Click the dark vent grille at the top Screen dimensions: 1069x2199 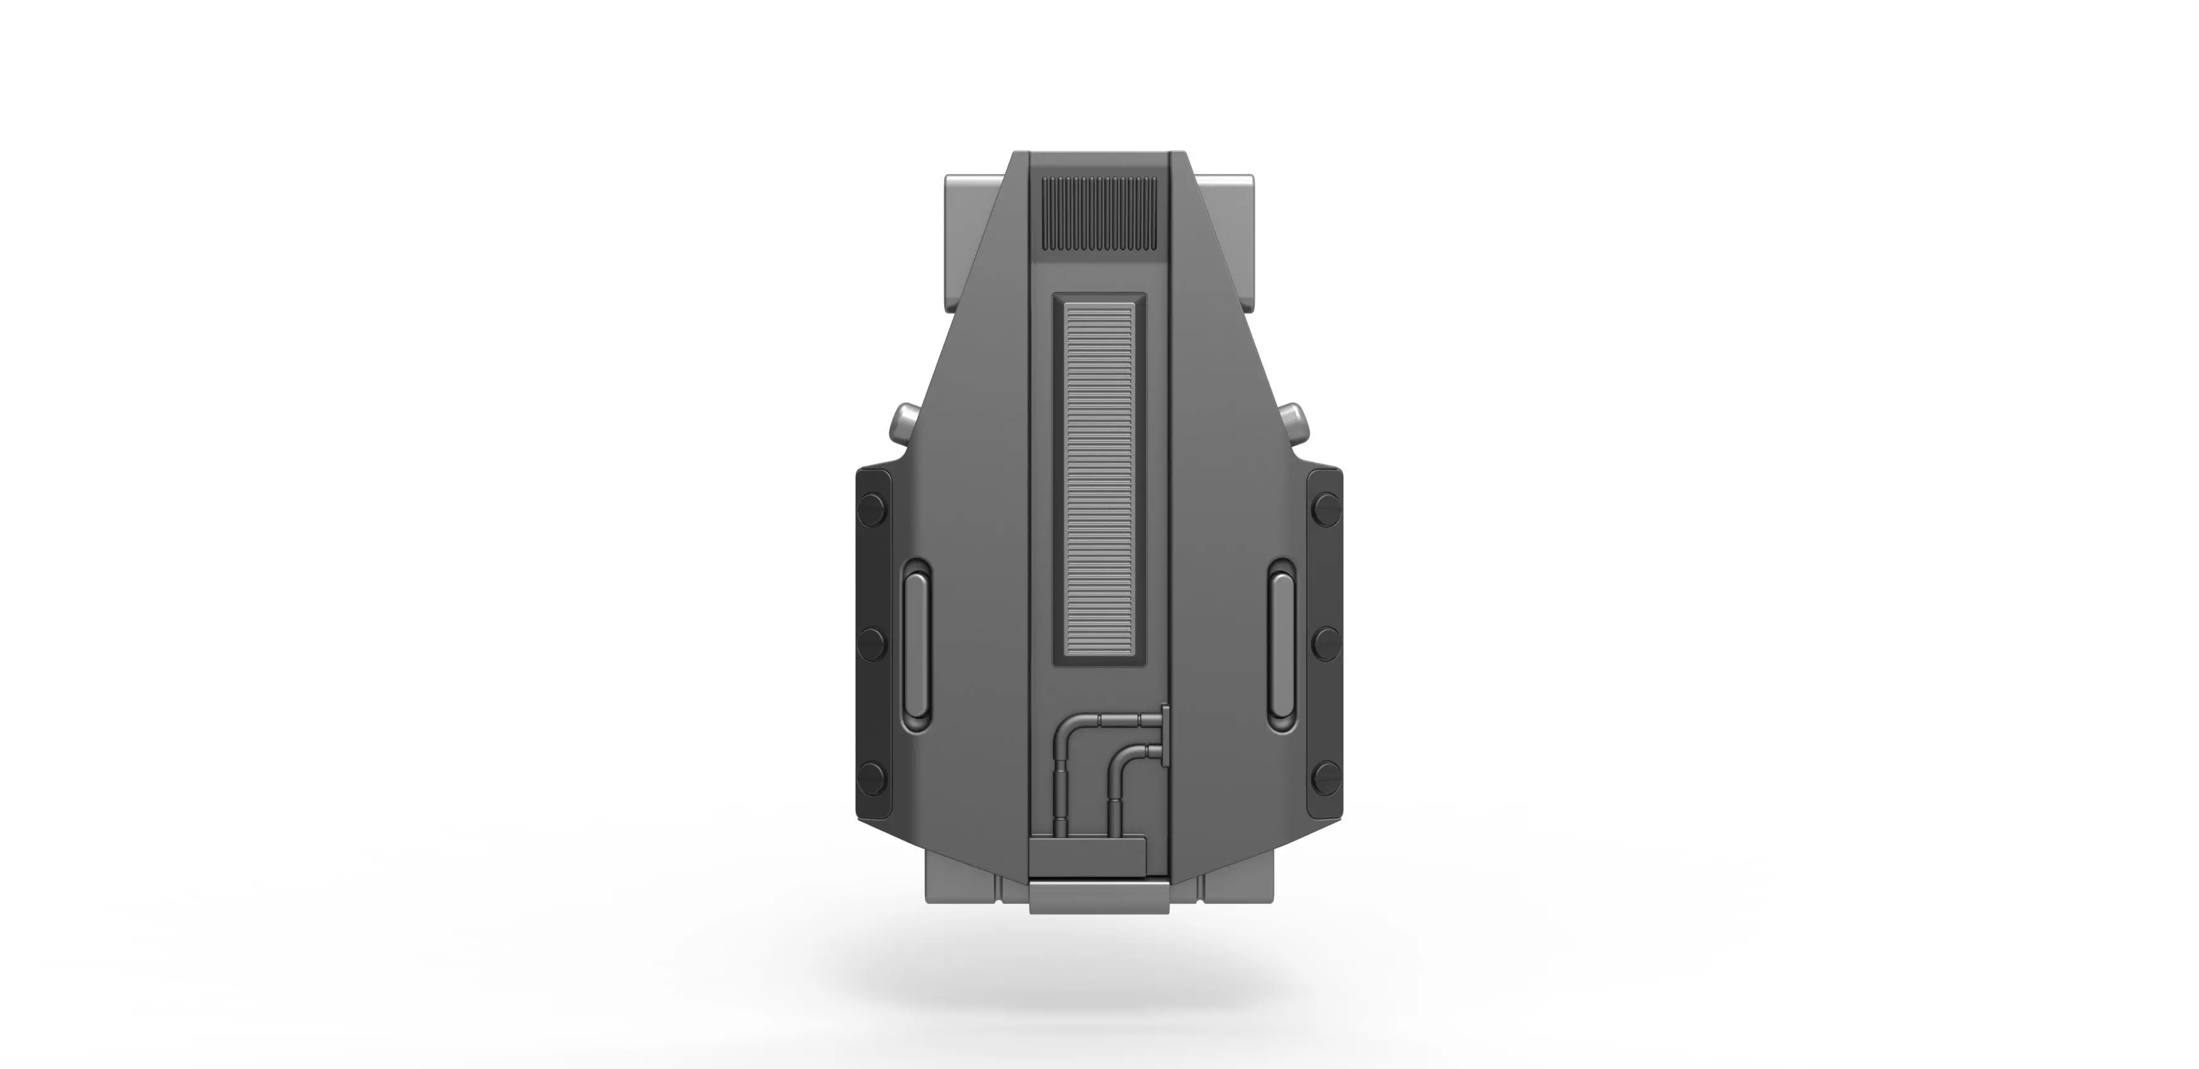(1099, 214)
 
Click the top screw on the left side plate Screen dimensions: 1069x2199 (873, 510)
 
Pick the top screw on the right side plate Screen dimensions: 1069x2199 (1326, 510)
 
